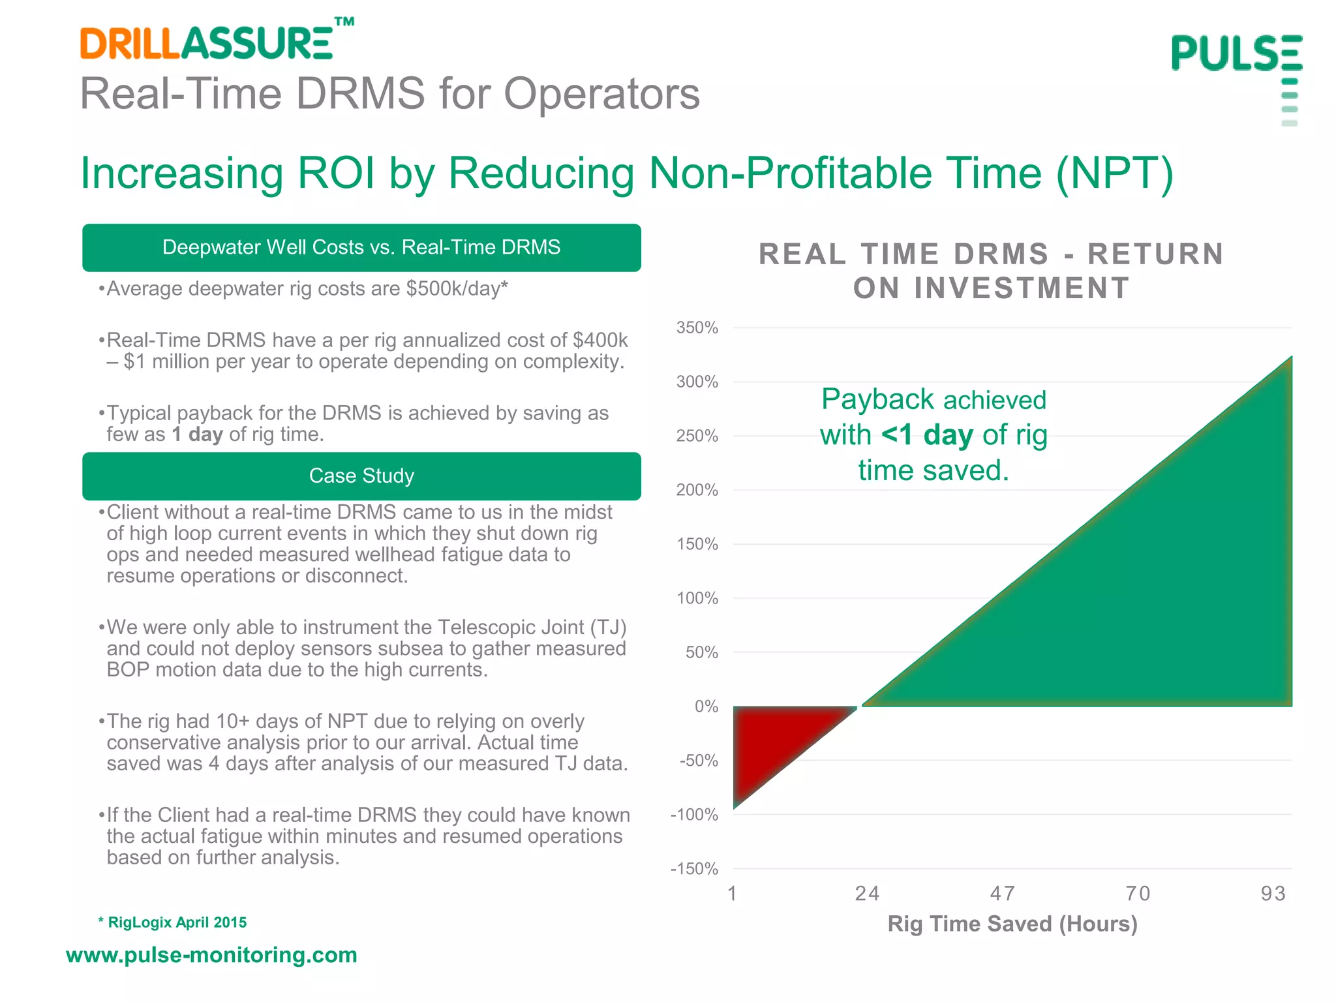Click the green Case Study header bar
pos(361,476)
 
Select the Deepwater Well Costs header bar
pos(361,247)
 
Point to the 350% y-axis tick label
pos(697,327)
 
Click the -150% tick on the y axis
pos(694,869)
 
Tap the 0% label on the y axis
pos(706,706)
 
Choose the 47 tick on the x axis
pos(1003,894)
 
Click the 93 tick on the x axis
pos(1273,894)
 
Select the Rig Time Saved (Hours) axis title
pos(1012,924)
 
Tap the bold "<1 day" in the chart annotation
pos(927,435)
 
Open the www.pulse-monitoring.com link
pos(211,955)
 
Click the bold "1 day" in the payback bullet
pos(197,434)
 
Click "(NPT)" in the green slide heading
pos(1114,174)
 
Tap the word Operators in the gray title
pos(601,94)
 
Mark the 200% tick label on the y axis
pos(697,490)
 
